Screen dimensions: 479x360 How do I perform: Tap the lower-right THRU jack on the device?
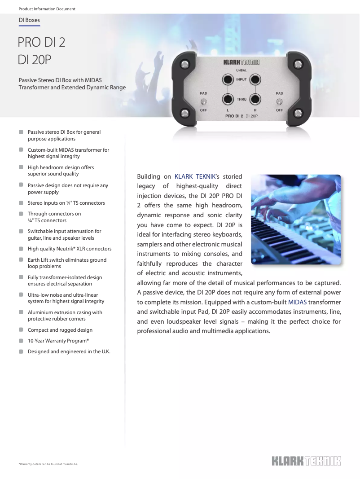point(255,99)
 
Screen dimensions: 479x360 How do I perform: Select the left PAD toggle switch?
point(203,101)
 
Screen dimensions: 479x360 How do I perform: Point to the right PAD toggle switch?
point(280,101)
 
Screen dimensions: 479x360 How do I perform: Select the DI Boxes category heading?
point(29,20)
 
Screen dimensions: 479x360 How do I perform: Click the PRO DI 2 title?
point(42,43)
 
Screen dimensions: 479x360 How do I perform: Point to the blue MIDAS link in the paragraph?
point(297,302)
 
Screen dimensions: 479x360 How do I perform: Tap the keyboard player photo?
point(296,220)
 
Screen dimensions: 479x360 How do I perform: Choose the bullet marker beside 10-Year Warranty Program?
point(21,341)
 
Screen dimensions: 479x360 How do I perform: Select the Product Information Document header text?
point(47,9)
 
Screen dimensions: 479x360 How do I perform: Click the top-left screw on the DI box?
point(184,65)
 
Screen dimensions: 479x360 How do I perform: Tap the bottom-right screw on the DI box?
point(299,112)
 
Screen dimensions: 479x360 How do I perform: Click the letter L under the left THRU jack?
point(228,110)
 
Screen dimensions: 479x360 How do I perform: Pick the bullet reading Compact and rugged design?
point(60,330)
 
